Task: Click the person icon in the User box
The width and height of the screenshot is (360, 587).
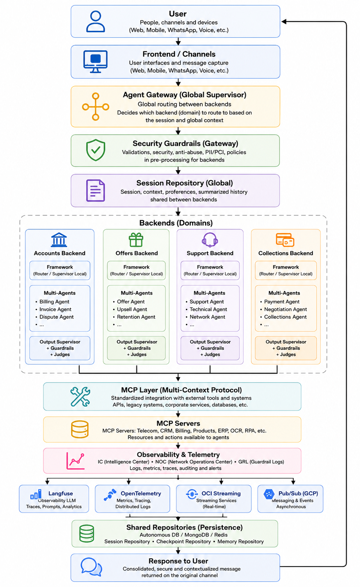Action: click(95, 22)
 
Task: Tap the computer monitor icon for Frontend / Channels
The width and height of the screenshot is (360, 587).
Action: click(95, 62)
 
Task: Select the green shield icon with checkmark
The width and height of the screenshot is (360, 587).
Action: click(96, 150)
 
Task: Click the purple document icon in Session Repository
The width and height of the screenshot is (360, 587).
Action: click(95, 191)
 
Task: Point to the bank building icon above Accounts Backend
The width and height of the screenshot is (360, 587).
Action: click(59, 240)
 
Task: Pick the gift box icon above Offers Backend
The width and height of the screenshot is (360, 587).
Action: click(136, 240)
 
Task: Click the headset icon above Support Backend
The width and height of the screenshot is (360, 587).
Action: click(210, 240)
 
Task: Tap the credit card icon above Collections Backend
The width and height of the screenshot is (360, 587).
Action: click(285, 240)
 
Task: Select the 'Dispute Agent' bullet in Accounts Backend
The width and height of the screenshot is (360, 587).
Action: click(56, 317)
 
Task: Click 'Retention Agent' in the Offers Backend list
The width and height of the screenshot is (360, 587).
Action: click(136, 317)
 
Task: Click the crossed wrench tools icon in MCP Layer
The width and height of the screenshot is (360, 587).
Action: click(80, 397)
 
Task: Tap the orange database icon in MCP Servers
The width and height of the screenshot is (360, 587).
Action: click(80, 429)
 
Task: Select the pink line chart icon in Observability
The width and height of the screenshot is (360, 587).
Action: click(76, 461)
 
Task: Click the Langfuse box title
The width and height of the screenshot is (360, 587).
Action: click(60, 494)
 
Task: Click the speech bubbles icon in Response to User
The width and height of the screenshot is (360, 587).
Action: click(91, 567)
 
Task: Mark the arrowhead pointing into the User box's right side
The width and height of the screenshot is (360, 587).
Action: click(284, 22)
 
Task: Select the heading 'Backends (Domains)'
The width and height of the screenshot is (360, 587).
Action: click(176, 223)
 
